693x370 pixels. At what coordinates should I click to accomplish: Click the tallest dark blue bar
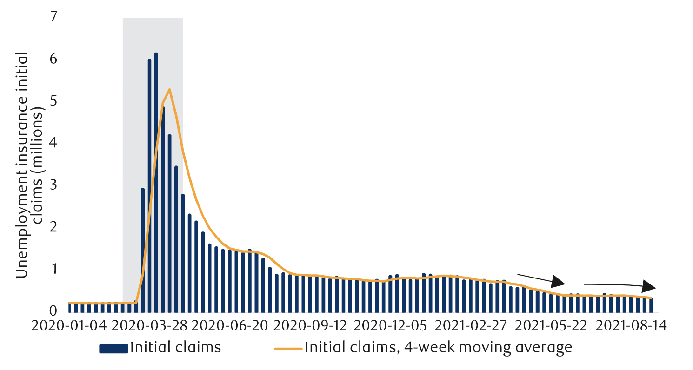click(156, 181)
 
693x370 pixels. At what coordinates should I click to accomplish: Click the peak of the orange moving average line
click(170, 89)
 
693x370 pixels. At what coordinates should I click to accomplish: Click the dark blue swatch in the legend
click(113, 349)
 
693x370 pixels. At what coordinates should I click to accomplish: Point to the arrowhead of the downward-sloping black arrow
click(559, 282)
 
